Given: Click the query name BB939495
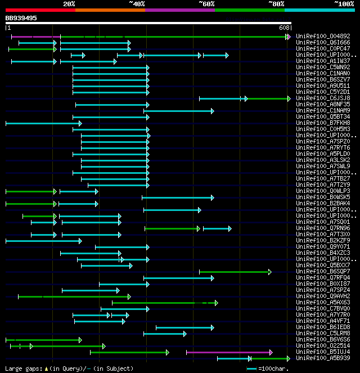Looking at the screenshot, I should tap(21, 18).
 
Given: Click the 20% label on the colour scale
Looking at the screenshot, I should tap(69, 4).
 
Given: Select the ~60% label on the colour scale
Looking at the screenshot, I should tap(206, 4).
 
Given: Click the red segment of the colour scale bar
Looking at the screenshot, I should tap(40, 10).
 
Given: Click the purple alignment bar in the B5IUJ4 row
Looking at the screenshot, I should tap(228, 352).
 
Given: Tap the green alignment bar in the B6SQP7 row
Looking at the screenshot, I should tap(235, 272).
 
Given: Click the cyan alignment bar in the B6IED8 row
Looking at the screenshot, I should tap(184, 327).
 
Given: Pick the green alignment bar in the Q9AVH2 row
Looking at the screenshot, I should tap(74, 296).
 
